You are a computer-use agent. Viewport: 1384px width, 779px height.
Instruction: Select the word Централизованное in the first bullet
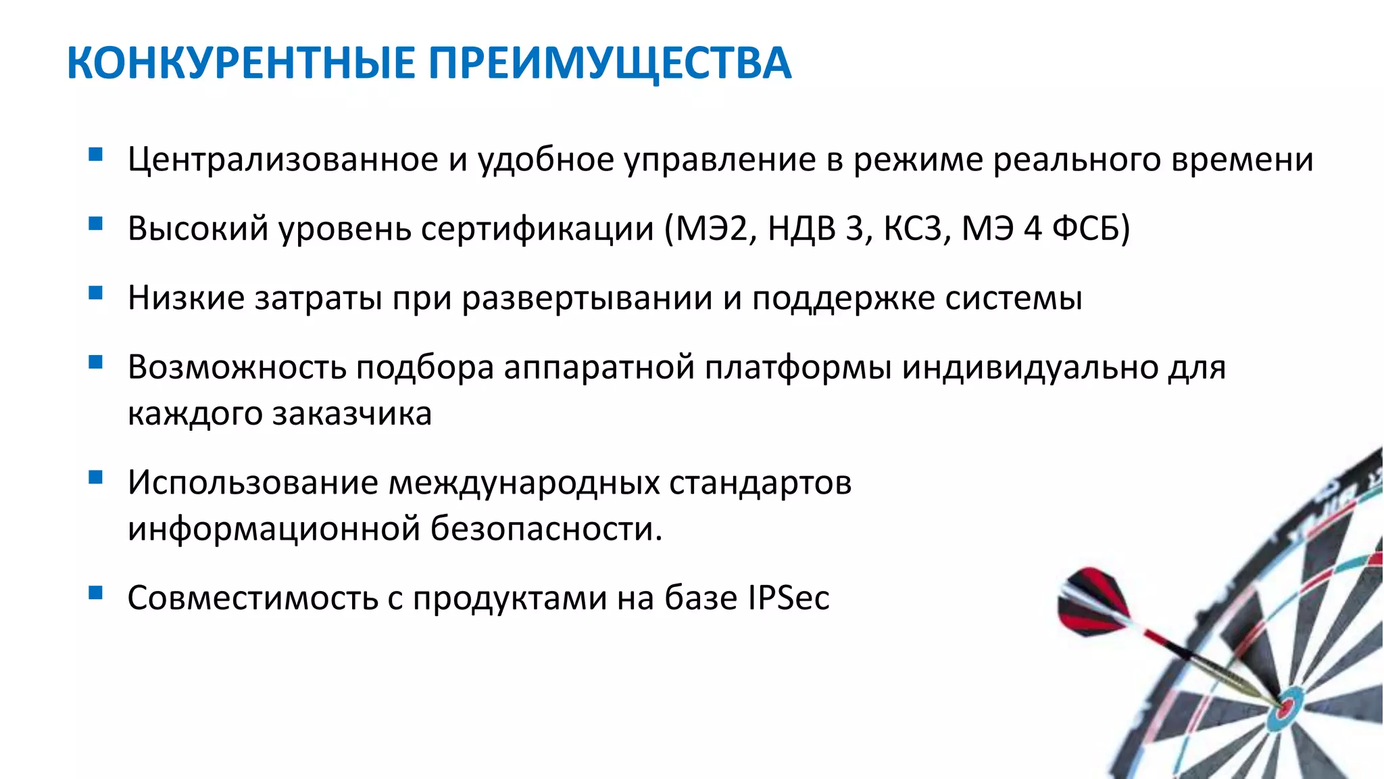[x=283, y=160]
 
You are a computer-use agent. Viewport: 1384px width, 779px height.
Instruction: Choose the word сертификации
[x=537, y=229]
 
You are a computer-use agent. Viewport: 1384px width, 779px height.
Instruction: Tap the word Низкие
[x=186, y=298]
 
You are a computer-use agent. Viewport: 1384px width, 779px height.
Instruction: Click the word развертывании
[x=587, y=298]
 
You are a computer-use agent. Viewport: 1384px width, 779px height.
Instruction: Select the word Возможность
[x=237, y=367]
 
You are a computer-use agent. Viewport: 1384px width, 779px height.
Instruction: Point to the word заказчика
[x=351, y=413]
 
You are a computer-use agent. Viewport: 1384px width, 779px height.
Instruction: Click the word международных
[x=524, y=483]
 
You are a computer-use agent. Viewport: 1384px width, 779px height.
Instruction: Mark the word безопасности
[x=546, y=528]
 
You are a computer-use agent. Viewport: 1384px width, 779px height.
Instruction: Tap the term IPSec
[x=788, y=598]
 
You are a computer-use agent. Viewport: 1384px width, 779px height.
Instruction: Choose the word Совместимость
[x=252, y=598]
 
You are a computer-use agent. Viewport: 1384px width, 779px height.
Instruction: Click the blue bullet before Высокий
[x=95, y=223]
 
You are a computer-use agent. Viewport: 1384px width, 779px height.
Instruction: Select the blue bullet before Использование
[x=95, y=478]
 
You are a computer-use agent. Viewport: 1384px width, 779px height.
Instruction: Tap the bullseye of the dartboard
[x=1287, y=709]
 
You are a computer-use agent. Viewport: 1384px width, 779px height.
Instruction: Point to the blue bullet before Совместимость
[x=95, y=593]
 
